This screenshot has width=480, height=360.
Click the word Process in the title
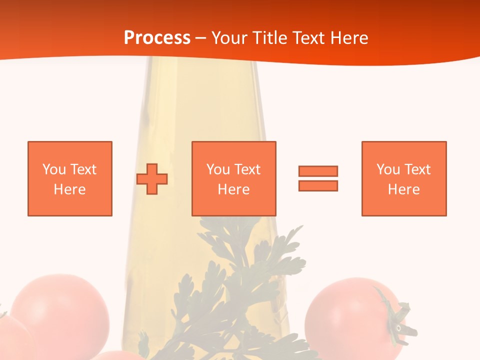click(157, 38)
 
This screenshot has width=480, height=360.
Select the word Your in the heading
click(229, 38)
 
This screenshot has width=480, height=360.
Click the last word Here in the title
click(349, 38)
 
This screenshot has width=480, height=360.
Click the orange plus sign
click(152, 178)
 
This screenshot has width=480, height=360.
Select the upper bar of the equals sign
click(318, 171)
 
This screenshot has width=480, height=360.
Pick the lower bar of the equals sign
click(318, 185)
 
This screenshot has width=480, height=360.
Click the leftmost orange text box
click(70, 178)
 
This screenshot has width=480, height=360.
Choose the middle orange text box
click(233, 178)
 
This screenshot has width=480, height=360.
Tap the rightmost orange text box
click(403, 178)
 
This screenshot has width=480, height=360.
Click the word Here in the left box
click(69, 189)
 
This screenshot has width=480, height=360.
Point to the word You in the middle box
click(218, 169)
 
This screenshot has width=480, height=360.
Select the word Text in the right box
click(417, 169)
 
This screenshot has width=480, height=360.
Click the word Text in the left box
click(83, 169)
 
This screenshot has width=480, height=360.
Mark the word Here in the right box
click(403, 189)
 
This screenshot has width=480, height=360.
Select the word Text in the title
click(308, 38)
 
